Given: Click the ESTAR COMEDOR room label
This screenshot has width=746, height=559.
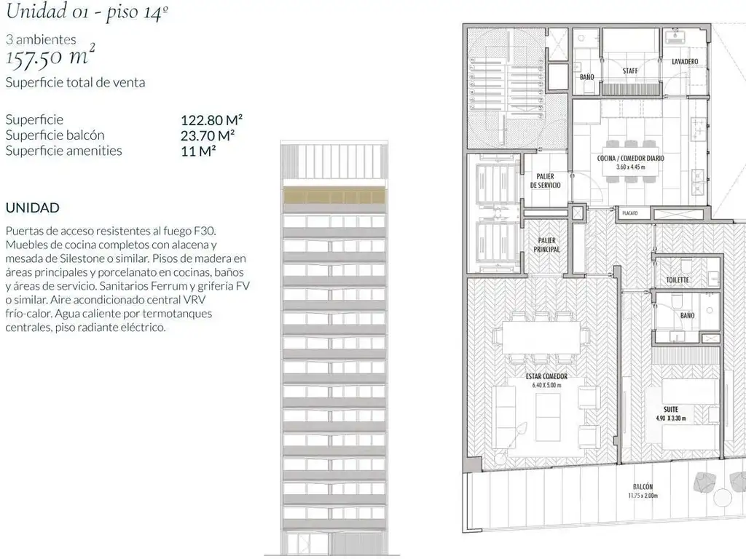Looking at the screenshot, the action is (546, 376).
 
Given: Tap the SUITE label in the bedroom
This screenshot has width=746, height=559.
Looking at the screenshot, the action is (671, 409).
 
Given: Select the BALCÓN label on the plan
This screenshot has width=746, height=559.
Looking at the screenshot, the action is (643, 487).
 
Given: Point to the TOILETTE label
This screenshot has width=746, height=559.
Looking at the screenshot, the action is (678, 280).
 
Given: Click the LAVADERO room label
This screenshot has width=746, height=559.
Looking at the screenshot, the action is (685, 62).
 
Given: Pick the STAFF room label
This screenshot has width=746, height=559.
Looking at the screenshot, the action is (630, 71).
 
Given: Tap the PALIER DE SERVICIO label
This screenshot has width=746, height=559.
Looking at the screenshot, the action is (545, 181).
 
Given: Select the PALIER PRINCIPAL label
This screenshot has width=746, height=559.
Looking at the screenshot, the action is (546, 245).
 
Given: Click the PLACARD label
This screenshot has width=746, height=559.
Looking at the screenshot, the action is (630, 213).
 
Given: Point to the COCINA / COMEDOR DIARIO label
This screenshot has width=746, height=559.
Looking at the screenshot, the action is (630, 158).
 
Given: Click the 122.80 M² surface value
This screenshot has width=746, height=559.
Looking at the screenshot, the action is (212, 120).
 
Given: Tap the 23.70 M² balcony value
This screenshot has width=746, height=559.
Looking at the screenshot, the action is (208, 135).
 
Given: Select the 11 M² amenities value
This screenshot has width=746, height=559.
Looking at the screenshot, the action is (198, 151).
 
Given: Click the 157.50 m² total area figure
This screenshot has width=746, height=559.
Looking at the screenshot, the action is (50, 56).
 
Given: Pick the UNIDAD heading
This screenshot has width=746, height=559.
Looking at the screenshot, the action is (32, 207).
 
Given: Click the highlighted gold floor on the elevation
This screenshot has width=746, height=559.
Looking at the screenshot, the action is (334, 195).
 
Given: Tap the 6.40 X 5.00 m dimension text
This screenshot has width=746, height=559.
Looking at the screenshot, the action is (546, 385).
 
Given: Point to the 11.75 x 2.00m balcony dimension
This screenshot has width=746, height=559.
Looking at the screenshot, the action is (643, 496).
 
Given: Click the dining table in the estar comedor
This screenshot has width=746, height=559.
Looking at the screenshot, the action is (541, 337).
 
